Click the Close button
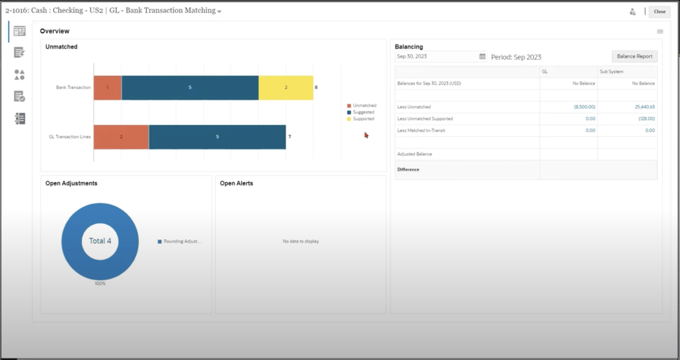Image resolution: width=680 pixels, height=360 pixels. click(x=659, y=11)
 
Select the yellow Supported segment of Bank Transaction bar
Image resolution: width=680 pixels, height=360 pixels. click(x=286, y=88)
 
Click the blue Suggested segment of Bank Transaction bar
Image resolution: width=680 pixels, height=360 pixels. click(x=190, y=88)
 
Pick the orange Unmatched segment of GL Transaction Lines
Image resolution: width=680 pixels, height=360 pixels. click(x=121, y=137)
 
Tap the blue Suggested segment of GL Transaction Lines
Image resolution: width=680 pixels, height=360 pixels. click(x=217, y=137)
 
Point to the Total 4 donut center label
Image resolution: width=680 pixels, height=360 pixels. click(x=100, y=240)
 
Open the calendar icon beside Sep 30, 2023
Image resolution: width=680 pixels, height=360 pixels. click(x=482, y=56)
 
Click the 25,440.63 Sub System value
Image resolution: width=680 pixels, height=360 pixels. click(x=642, y=106)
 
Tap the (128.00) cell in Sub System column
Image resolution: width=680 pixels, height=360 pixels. click(x=646, y=118)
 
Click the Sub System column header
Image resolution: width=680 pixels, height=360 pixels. click(x=612, y=71)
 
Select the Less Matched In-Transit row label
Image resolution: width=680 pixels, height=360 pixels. click(x=421, y=130)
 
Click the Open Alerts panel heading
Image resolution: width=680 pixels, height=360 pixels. click(x=236, y=183)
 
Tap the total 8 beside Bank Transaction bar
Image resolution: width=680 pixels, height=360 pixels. click(x=316, y=88)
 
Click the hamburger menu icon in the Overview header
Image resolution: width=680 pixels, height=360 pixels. click(x=660, y=31)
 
